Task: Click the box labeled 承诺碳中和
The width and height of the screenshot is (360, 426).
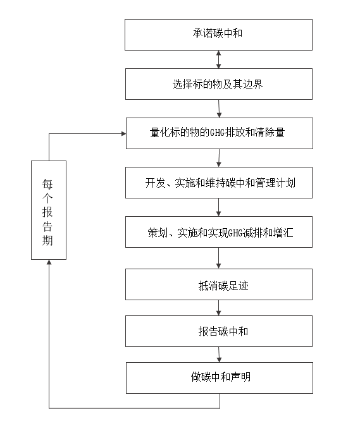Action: (218, 34)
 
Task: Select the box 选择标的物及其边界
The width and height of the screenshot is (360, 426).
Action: (218, 84)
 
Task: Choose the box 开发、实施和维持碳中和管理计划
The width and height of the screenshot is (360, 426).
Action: (219, 183)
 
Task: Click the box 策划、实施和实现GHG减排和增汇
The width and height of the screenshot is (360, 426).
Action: (219, 233)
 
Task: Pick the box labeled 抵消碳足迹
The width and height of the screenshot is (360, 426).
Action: (219, 284)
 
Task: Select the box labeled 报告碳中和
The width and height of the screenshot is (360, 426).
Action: (219, 331)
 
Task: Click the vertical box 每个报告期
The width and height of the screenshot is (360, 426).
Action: (48, 210)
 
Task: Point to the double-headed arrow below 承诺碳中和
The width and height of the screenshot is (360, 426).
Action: (218, 59)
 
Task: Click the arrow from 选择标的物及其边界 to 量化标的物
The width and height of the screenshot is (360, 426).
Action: (218, 109)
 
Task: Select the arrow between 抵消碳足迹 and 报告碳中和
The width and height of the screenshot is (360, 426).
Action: (219, 308)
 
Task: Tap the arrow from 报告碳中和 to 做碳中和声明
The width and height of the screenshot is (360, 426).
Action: (219, 355)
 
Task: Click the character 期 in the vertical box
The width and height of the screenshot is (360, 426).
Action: (48, 240)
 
